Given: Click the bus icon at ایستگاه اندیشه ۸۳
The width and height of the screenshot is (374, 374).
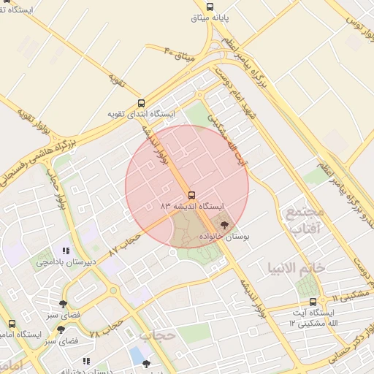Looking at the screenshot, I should (x=191, y=195).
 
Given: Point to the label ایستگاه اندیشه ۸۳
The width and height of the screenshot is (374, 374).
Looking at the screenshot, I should (x=191, y=207).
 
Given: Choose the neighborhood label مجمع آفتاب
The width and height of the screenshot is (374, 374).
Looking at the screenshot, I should (x=303, y=221).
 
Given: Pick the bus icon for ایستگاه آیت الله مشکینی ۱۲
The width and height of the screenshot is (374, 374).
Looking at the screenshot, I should (x=313, y=302).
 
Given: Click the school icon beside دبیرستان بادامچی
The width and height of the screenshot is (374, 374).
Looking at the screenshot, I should (x=67, y=251).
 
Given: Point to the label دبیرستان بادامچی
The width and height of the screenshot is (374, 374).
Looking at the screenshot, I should (x=66, y=262).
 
